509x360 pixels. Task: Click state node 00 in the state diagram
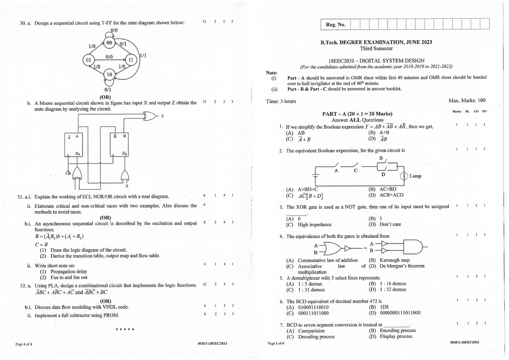pyautogui.click(x=109, y=43)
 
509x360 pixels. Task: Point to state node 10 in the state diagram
pyautogui.click(x=109, y=75)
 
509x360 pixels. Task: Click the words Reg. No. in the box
pyautogui.click(x=336, y=25)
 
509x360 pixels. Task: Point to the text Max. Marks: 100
pyautogui.click(x=467, y=101)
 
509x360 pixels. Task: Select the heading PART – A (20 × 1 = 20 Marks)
pyautogui.click(x=357, y=114)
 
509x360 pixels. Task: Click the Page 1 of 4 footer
pyautogui.click(x=276, y=343)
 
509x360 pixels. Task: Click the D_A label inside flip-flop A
pyautogui.click(x=78, y=153)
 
